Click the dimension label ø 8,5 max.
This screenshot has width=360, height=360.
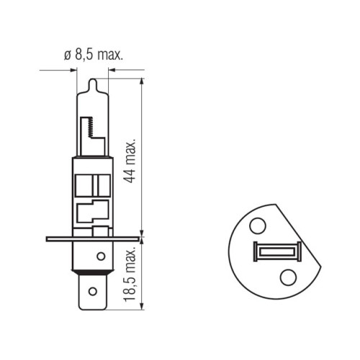[94, 55]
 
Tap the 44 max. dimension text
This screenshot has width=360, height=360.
[130, 161]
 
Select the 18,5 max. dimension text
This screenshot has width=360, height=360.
[130, 274]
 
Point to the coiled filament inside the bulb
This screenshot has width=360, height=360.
[91, 127]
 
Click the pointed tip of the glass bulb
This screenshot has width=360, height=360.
[93, 79]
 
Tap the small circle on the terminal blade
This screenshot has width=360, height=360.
[93, 292]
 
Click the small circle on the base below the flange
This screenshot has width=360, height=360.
[101, 256]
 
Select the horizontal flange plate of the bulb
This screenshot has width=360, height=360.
[93, 239]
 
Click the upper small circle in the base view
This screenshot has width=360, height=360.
[258, 226]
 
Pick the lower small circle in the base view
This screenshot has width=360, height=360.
[288, 277]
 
